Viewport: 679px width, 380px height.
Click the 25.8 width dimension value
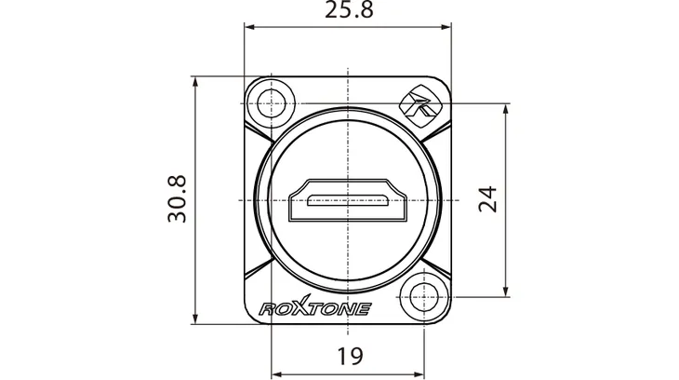(349, 9)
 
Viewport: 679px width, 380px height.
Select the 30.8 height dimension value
(177, 199)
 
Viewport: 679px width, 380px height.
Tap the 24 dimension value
(487, 199)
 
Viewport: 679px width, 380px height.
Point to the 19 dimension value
(350, 357)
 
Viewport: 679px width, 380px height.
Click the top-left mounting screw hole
(271, 103)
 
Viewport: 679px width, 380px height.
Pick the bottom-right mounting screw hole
(423, 297)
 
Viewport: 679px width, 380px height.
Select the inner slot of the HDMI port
(347, 201)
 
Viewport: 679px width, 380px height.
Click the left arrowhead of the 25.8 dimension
(249, 27)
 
